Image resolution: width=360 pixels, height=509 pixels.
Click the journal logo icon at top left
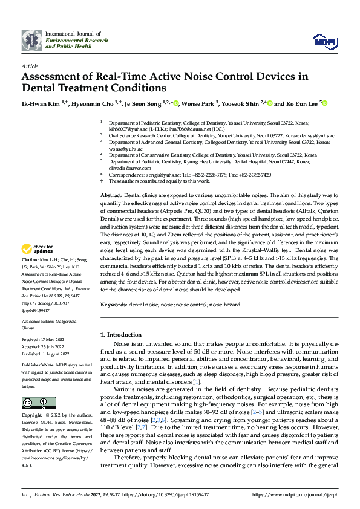31,41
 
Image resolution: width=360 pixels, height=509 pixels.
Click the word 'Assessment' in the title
53,77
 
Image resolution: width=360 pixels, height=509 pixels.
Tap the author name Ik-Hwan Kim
40,104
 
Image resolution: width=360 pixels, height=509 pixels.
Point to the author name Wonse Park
200,104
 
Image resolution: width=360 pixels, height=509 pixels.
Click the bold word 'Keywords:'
113,306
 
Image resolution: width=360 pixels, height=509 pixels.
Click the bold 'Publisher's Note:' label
38,366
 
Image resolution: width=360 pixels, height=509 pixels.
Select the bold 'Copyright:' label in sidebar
33,417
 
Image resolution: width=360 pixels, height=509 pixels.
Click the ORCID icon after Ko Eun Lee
324,104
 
